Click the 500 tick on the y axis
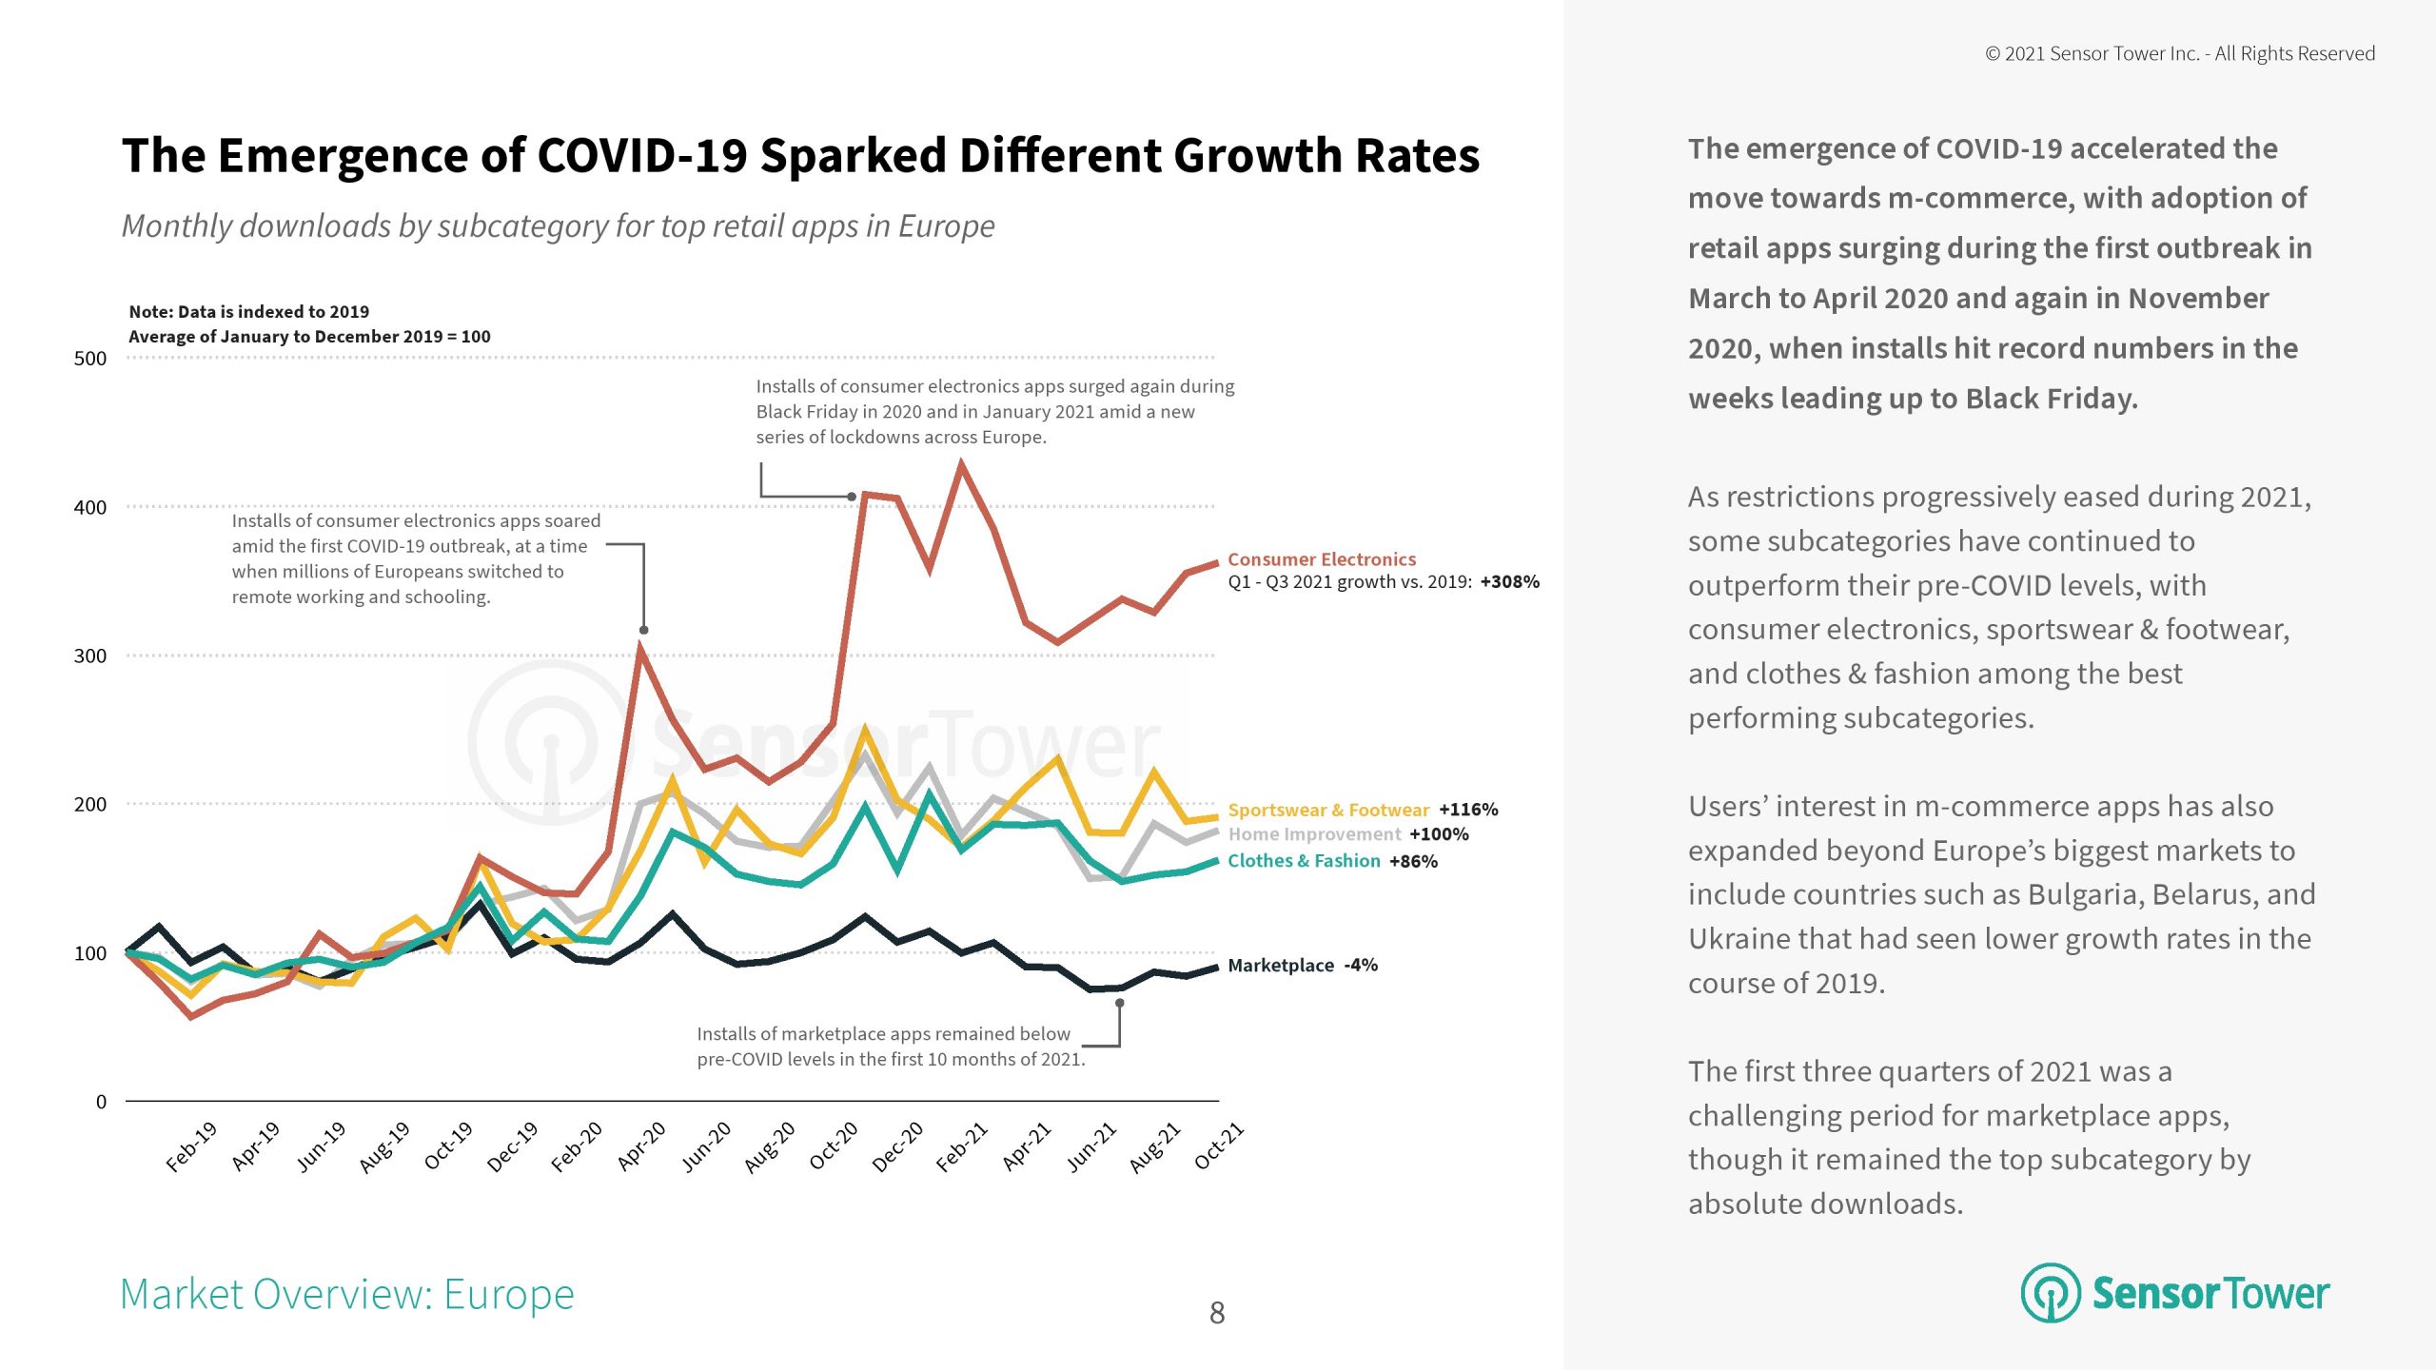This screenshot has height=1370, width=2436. coord(90,359)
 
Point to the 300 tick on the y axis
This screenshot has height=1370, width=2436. coord(90,656)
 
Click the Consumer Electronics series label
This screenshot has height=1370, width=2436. coord(1322,559)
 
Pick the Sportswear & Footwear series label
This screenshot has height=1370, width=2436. coord(1328,810)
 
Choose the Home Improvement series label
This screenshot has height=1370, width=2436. coord(1314,834)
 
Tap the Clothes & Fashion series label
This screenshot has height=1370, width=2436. coord(1304,861)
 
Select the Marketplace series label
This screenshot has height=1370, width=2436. coord(1281,966)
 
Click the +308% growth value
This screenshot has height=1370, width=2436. coord(1509,582)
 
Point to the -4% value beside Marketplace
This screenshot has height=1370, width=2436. coord(1361,966)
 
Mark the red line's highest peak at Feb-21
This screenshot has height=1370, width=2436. coord(961,465)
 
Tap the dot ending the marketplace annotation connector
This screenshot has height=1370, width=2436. coord(1120,1003)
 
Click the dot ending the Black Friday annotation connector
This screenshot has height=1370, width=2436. coord(852,497)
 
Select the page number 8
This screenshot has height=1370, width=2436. coord(1217,1314)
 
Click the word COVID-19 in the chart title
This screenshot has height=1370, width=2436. coord(642,156)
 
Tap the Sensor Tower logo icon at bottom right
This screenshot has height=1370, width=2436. coord(2050,1293)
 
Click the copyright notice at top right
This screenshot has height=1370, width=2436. coord(2180,54)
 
